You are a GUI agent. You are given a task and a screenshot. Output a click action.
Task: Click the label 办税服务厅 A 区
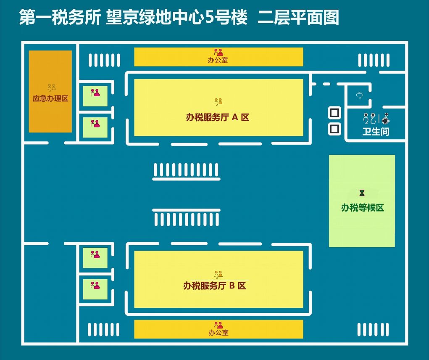tap(218, 117)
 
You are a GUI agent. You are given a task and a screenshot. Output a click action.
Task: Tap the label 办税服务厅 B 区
tap(214, 286)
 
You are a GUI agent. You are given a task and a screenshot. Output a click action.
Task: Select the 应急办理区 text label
tap(50, 99)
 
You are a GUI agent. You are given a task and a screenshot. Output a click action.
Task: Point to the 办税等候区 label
tap(362, 208)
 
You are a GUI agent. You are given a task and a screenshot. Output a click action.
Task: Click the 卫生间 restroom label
tap(376, 132)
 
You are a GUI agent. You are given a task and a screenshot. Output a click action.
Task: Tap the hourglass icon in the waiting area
tap(362, 193)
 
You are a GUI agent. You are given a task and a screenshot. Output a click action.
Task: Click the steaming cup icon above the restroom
tap(359, 95)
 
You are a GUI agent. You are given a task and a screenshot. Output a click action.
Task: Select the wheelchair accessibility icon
tap(386, 119)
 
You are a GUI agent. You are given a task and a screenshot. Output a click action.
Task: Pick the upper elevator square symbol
tap(334, 113)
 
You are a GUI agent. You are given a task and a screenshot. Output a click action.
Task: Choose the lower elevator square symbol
tap(334, 129)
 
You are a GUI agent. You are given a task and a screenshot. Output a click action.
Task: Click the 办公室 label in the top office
tap(218, 60)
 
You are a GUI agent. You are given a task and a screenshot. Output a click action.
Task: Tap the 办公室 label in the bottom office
tap(218, 333)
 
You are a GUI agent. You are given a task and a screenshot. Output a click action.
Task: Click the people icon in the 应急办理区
tap(52, 88)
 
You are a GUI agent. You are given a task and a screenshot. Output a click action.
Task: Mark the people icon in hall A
tap(218, 102)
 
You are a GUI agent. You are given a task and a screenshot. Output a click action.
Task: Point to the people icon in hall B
tap(218, 275)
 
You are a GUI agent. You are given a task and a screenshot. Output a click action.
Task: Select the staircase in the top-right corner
tap(374, 60)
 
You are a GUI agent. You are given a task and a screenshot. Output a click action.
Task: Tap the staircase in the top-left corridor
tap(104, 60)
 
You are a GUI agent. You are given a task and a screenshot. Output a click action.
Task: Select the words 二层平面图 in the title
tap(298, 18)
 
